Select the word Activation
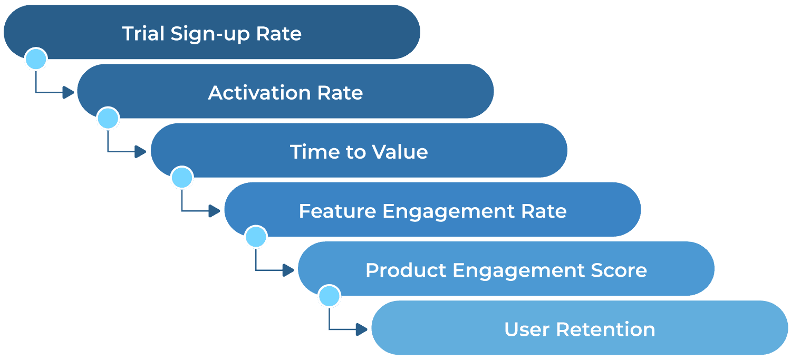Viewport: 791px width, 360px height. pos(259,93)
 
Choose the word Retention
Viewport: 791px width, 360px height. pos(605,329)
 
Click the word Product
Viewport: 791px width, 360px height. pos(406,270)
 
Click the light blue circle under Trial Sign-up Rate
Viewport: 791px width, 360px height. pos(36,59)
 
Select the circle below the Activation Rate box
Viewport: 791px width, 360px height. pos(108,118)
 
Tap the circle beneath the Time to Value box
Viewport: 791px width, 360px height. pos(182,178)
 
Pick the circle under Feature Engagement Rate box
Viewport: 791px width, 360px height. pos(256,237)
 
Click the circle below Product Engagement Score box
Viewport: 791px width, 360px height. pos(330,296)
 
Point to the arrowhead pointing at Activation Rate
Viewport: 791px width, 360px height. pos(68,93)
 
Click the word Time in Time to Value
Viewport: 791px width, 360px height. pos(310,152)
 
